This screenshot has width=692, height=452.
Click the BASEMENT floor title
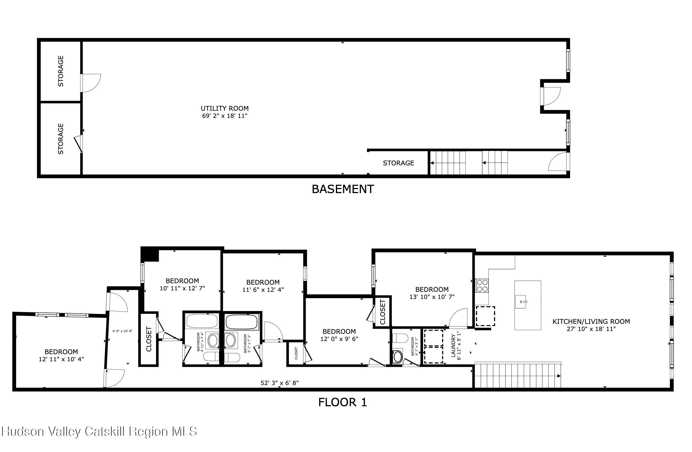[343, 189]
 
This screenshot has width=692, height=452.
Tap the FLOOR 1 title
[343, 402]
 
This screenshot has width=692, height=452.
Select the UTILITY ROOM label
[225, 108]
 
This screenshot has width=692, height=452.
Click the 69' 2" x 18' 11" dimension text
[225, 116]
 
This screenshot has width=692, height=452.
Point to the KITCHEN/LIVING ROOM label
[591, 322]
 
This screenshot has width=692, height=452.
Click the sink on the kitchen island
[521, 302]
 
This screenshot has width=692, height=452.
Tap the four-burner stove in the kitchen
[482, 285]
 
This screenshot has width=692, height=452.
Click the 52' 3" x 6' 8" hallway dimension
[279, 383]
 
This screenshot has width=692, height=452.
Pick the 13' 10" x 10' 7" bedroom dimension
[432, 297]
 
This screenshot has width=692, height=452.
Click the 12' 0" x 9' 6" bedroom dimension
[339, 339]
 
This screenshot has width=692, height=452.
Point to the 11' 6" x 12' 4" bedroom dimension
[263, 290]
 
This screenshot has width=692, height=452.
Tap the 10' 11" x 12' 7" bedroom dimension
[182, 288]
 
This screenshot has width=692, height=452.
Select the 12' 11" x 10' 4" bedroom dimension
[61, 359]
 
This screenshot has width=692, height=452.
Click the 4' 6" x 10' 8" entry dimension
[122, 331]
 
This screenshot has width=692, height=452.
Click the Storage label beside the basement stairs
[398, 163]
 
